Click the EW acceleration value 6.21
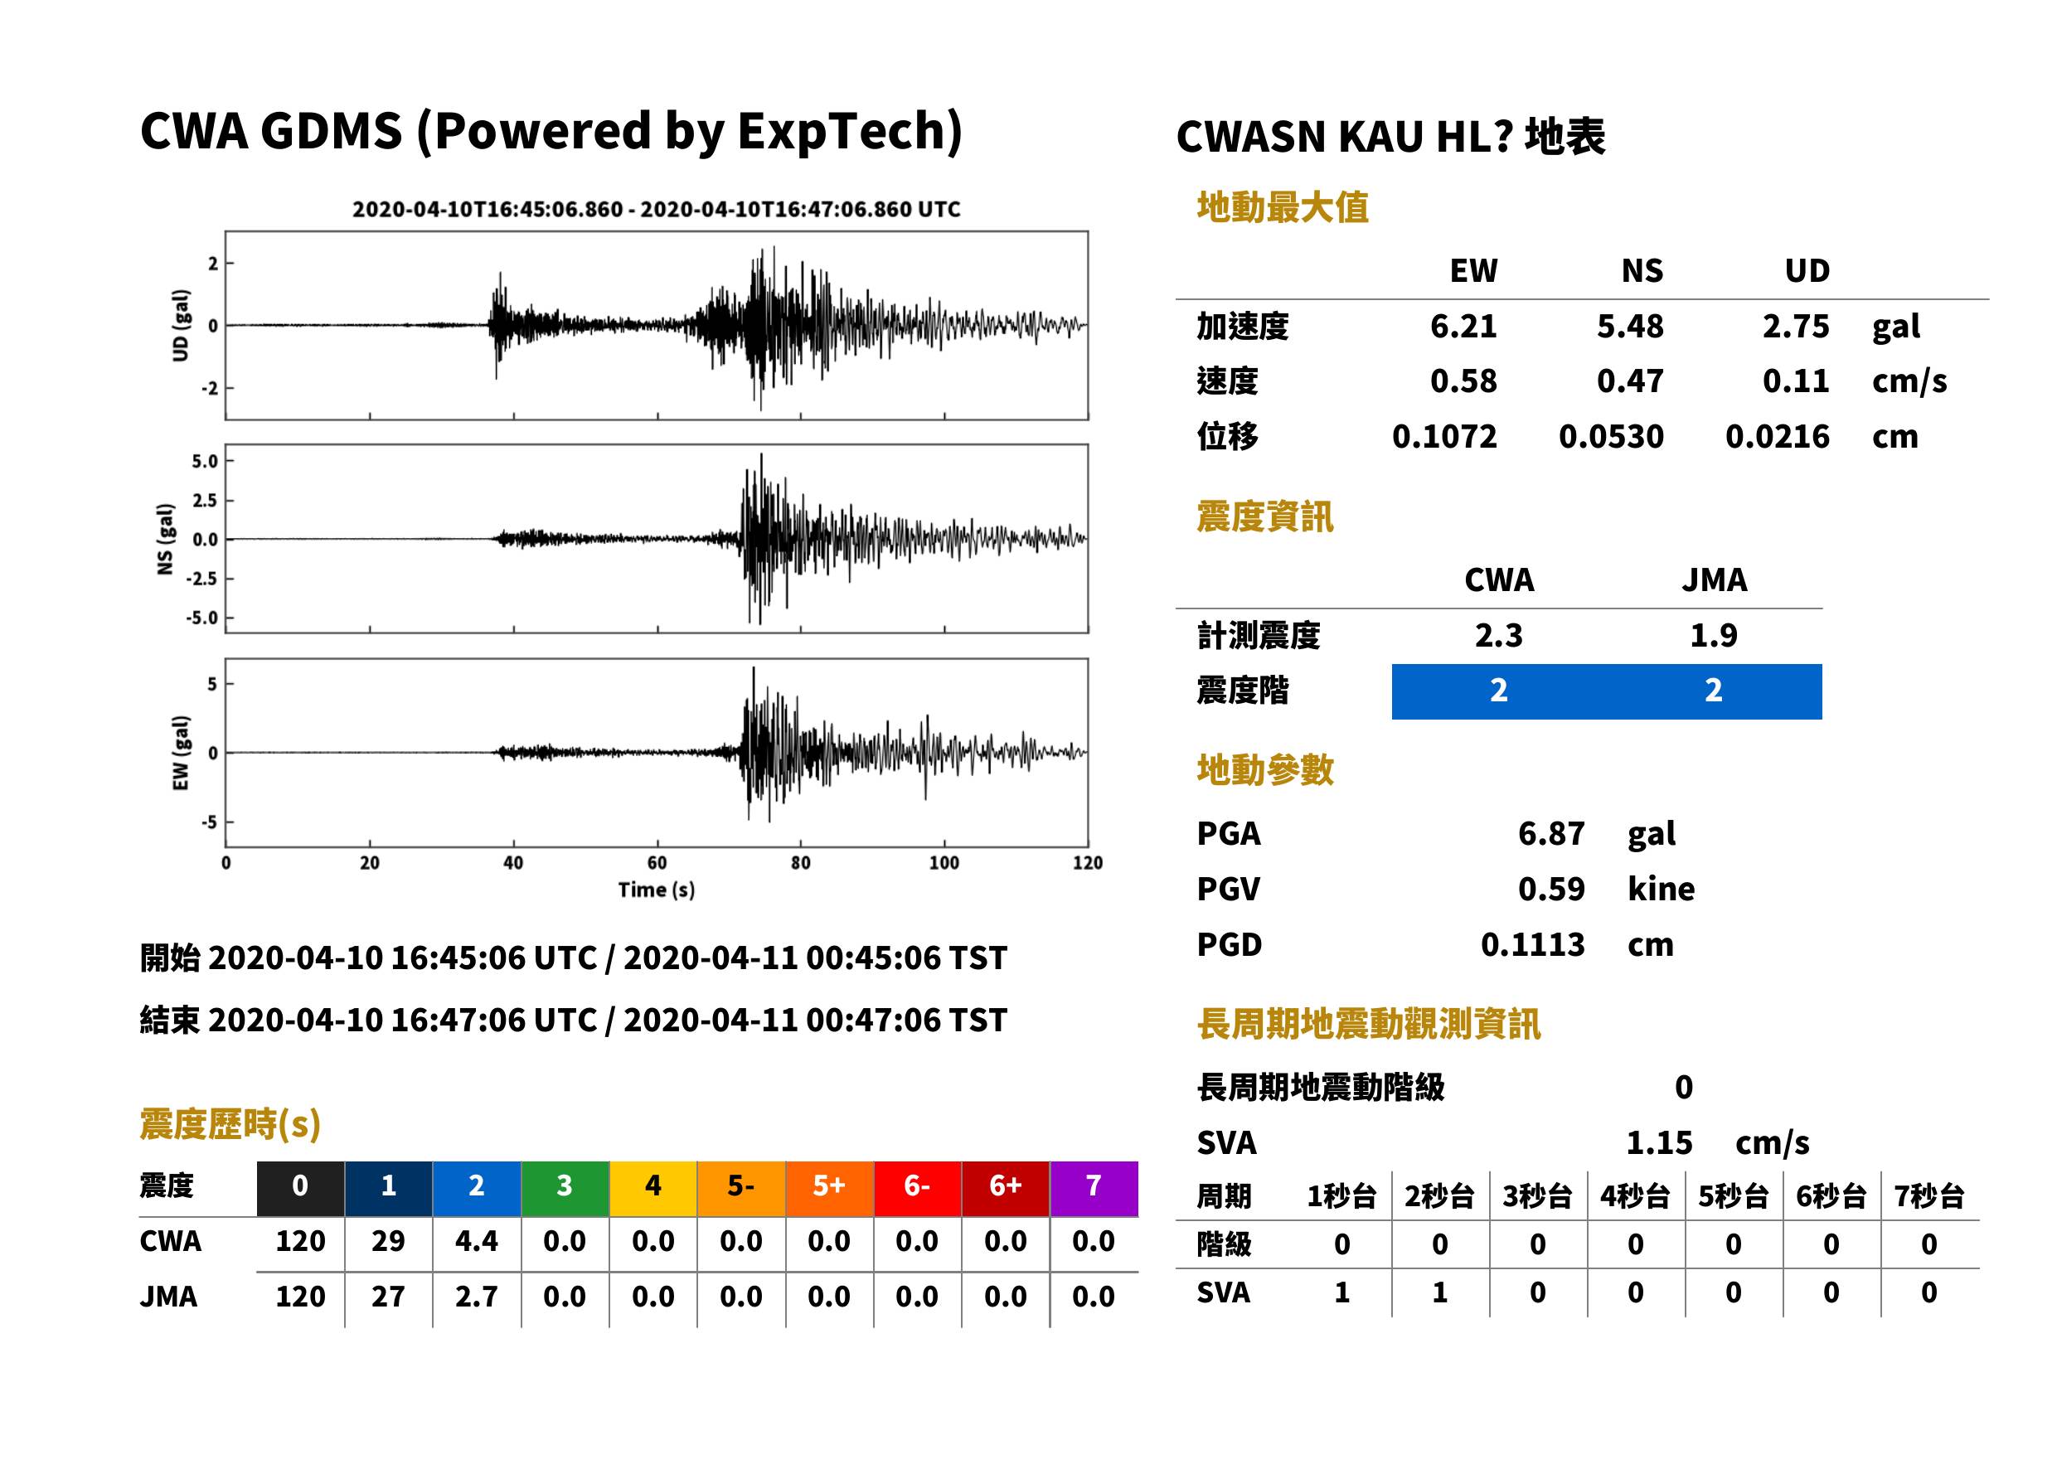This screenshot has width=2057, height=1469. coord(1463,326)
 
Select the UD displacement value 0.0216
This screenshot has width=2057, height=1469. coord(1777,436)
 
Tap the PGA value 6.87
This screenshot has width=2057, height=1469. coord(1550,833)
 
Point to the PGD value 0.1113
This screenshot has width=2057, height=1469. coord(1532,944)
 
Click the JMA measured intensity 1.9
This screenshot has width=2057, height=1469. coord(1713,635)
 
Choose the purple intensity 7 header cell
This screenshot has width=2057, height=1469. coord(1094,1185)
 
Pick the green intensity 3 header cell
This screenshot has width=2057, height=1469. coord(565,1185)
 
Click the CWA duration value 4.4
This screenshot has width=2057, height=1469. coord(477,1241)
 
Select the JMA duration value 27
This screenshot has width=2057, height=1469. coord(388,1297)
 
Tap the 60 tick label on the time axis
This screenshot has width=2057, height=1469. coord(657,863)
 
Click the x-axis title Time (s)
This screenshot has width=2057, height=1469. coord(657,890)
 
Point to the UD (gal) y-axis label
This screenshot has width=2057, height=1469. coord(181,326)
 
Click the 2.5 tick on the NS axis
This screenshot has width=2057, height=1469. coord(205,500)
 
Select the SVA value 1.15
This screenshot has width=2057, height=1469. coord(1659,1142)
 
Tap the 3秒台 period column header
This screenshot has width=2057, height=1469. coord(1537,1195)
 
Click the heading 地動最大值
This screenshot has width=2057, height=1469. coord(1283,207)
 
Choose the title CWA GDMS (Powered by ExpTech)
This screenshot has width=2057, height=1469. coord(551,131)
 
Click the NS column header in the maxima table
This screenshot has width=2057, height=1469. coord(1642,270)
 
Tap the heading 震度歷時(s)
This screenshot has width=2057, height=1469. coord(230,1124)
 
